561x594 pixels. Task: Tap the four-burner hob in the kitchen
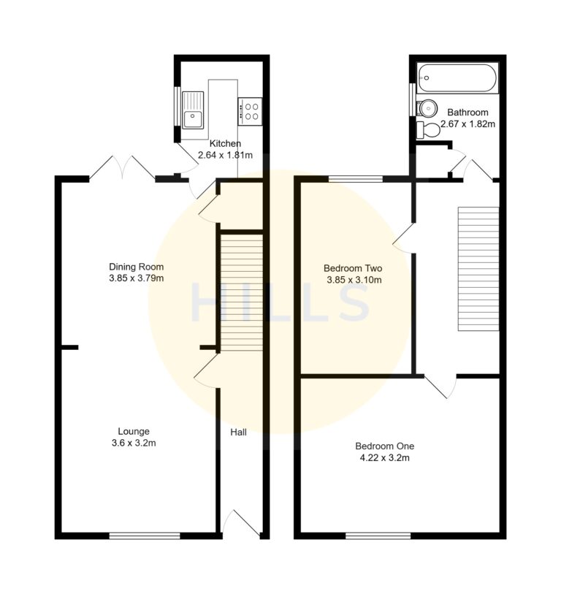[250, 111]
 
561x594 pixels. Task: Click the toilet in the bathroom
[429, 131]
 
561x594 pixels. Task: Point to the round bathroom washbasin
[426, 107]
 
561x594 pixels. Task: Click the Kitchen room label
[225, 143]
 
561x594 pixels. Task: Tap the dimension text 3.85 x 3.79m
[137, 278]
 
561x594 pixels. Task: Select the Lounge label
[134, 431]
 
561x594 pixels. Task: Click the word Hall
[239, 433]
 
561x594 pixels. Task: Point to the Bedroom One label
[381, 446]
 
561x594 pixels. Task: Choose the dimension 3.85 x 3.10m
[354, 280]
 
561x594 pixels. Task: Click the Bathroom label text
[467, 113]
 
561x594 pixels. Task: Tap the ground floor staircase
[241, 292]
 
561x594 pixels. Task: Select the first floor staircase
[478, 269]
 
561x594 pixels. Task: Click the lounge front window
[145, 536]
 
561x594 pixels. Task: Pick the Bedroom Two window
[355, 178]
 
